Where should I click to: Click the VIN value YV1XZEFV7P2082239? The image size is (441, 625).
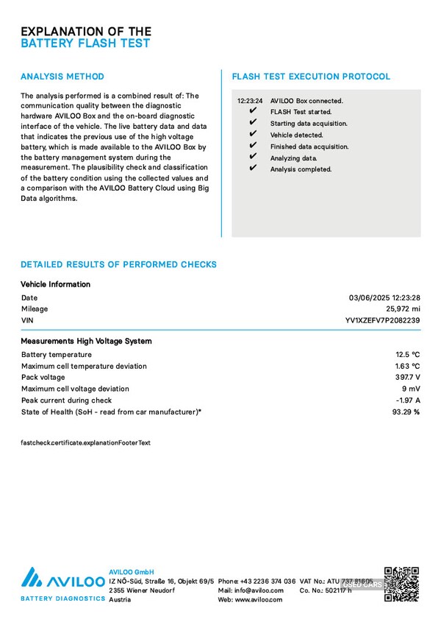click(382, 321)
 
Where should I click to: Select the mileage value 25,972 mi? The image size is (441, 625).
click(403, 309)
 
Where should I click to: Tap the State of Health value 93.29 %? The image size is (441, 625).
click(406, 412)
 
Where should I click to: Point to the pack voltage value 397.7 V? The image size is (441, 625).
click(407, 378)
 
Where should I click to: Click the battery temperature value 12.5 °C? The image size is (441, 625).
click(407, 355)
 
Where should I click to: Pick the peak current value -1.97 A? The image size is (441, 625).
click(407, 400)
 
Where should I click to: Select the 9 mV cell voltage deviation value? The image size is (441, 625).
click(411, 389)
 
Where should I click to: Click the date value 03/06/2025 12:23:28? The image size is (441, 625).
click(384, 298)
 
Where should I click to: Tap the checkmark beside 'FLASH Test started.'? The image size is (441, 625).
click(253, 112)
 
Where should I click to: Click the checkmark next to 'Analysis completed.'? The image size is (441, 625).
click(253, 169)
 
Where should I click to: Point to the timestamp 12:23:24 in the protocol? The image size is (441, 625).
click(250, 101)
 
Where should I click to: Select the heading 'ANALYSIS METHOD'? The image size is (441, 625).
click(62, 77)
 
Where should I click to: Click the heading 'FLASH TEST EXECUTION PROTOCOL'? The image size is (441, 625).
click(311, 77)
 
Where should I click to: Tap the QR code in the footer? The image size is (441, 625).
click(401, 585)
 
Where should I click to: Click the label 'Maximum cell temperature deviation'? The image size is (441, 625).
click(84, 367)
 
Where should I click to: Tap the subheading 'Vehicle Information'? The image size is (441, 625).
click(56, 284)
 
